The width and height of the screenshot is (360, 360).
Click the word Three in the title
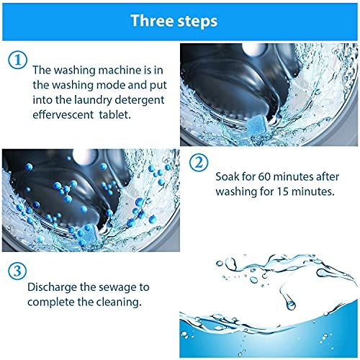(x=153, y=21)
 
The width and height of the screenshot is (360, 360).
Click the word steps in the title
(x=197, y=22)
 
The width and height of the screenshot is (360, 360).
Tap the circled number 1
(x=17, y=60)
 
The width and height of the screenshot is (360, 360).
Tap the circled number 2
(x=199, y=163)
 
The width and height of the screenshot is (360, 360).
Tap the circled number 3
(x=17, y=271)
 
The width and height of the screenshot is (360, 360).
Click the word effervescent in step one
(x=63, y=114)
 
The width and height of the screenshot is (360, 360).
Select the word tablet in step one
(x=115, y=114)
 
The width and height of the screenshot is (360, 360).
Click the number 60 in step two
(x=264, y=177)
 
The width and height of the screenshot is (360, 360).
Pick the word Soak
(x=227, y=177)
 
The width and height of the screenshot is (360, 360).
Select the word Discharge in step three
(x=52, y=287)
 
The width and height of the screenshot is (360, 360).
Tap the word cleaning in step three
(x=122, y=302)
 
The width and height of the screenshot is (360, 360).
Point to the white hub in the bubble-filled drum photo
(x=84, y=156)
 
